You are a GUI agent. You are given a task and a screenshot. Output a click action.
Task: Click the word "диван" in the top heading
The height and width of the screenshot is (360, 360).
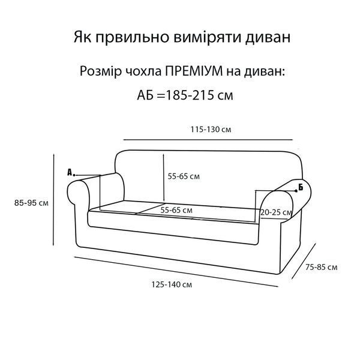point(268,37)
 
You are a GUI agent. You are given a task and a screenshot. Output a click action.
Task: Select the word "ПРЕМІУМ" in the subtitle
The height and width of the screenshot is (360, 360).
point(194,71)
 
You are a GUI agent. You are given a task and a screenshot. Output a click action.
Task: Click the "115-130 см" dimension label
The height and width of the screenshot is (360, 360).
point(211,130)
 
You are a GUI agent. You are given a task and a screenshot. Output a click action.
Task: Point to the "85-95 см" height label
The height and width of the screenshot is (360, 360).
point(31,203)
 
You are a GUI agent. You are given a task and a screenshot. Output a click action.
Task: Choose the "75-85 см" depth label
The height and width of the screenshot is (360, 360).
point(322,267)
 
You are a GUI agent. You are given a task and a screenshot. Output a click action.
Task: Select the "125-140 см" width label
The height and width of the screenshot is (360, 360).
point(172,284)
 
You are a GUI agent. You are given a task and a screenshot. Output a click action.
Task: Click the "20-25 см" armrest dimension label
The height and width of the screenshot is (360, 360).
point(276,212)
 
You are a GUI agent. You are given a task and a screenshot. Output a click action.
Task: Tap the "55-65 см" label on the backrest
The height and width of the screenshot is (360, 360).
point(184,176)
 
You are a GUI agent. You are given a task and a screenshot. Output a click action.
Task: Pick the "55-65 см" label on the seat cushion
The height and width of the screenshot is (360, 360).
point(176,210)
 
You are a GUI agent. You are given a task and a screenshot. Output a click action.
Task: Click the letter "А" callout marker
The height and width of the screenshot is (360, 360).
point(70,172)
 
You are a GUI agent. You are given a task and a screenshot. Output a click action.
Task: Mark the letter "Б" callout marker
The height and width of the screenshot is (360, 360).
point(301,187)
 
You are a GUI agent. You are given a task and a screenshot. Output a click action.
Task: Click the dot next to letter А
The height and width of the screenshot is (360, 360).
point(74,175)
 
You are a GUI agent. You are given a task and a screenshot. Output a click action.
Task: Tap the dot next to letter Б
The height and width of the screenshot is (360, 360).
point(296,191)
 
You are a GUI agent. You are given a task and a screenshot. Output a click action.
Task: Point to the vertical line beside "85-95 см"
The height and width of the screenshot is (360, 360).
point(53,200)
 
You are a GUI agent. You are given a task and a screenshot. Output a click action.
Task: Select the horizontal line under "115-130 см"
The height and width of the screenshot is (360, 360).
point(208,139)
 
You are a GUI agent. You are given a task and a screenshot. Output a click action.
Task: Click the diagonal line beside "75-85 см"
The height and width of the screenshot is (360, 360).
point(304,261)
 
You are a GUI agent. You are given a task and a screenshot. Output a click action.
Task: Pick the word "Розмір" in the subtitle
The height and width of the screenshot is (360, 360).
point(101,71)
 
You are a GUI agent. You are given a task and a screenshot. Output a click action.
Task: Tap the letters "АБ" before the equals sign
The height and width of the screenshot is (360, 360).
point(145,95)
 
